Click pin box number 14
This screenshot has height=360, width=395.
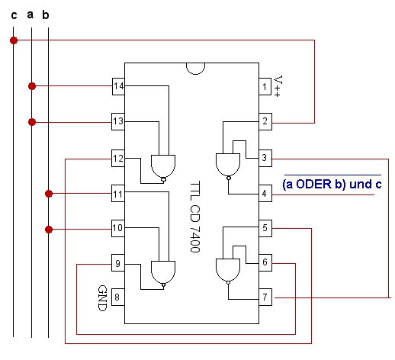pos(118,86)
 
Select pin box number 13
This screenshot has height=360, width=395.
pos(118,121)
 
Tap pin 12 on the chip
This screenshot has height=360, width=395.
pos(118,159)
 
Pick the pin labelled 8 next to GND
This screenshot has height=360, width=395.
pos(118,297)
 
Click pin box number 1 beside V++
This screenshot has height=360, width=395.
pos(265,87)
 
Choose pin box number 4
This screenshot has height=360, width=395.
pos(265,194)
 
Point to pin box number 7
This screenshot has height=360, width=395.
pos(265,297)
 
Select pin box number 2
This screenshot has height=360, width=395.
pos(265,121)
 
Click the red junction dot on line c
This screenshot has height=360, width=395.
pos(14,40)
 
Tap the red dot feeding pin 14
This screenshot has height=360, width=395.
pos(32,86)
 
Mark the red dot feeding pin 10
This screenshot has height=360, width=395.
pos(49,230)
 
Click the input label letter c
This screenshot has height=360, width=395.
pos(14,15)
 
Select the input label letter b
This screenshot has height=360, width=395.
pos(46,14)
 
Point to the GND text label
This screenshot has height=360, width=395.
pos(102,298)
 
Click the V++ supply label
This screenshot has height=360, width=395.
pos(278,86)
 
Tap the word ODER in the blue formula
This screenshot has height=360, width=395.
pos(314,184)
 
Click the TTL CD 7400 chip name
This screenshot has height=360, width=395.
pos(195,217)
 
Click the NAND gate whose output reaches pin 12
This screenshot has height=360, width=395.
pos(163,169)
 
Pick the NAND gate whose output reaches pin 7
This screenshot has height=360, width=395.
pos(228,271)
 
